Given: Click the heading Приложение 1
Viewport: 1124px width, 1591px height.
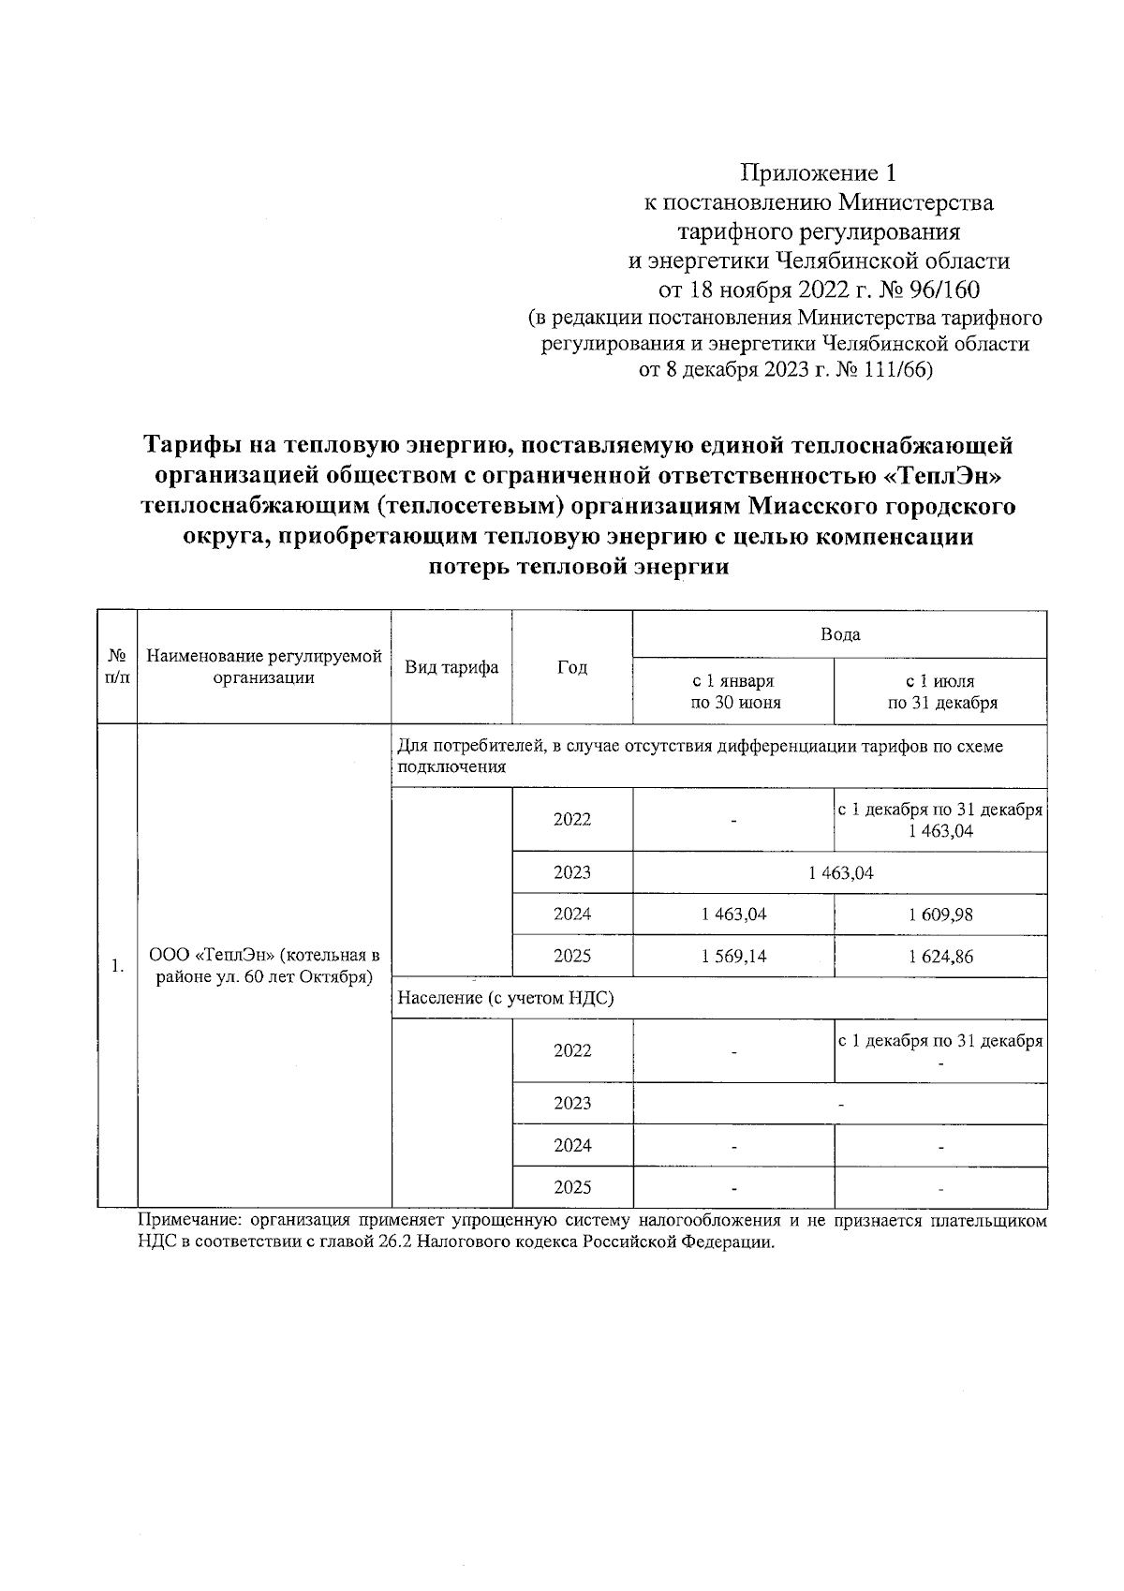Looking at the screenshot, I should [x=819, y=173].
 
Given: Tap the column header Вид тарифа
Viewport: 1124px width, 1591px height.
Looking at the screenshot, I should [x=451, y=667].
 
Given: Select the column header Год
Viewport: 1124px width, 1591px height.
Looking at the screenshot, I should [x=572, y=667].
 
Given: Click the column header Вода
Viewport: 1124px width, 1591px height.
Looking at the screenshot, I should [x=839, y=634].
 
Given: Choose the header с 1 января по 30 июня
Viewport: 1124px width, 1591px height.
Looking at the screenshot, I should [x=733, y=691].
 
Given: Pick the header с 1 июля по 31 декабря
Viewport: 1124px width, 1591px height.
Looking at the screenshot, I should [x=940, y=691].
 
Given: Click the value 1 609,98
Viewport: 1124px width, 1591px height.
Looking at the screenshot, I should [x=940, y=914].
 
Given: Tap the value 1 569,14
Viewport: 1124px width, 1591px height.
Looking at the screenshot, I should [x=733, y=957].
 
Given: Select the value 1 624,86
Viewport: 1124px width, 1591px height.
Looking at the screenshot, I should [x=940, y=957].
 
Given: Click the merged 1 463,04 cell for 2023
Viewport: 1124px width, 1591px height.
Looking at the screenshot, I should [x=840, y=872].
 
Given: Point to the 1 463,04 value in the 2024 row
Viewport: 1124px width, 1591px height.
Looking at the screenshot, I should [x=733, y=914].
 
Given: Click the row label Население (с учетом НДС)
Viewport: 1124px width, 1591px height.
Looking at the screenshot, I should [x=506, y=999].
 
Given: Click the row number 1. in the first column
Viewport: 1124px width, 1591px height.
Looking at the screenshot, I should [x=117, y=966].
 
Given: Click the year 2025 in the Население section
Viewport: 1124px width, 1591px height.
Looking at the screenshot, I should [x=572, y=1187].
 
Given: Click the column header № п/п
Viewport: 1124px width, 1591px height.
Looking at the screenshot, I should [x=117, y=667].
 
